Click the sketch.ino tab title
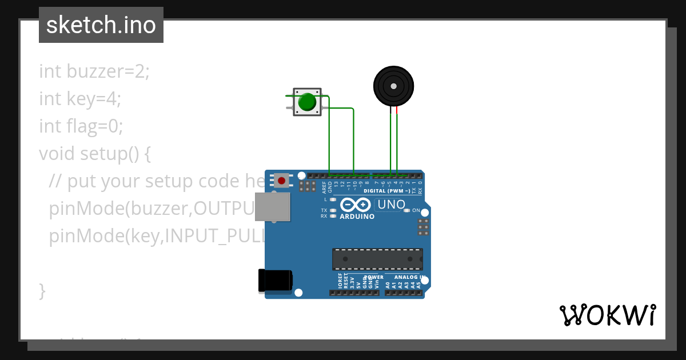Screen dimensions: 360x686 point(101,25)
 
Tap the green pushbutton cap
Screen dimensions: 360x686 point(307,102)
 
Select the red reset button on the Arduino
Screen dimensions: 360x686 point(281,181)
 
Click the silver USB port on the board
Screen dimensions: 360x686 point(272,206)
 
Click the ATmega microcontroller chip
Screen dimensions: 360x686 point(378,259)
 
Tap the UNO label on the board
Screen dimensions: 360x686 point(392,204)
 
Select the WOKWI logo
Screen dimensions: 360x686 point(607,315)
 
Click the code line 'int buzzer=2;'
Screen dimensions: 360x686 point(94,72)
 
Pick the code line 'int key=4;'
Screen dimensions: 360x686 point(80,99)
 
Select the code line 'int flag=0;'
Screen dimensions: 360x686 point(81,126)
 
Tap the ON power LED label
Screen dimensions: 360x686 point(416,210)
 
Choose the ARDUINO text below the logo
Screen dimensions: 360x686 point(357,217)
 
